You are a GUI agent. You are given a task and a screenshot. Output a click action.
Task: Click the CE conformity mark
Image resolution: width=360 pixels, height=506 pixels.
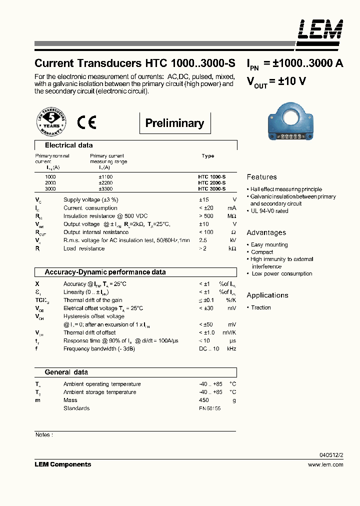click(x=86, y=122)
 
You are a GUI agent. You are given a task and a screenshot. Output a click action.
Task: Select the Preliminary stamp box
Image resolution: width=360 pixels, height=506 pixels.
click(x=174, y=123)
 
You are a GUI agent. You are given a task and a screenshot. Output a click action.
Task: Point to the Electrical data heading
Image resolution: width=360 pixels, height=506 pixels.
click(x=68, y=145)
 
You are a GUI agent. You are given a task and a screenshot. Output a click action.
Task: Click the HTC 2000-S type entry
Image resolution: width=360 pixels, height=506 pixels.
click(x=212, y=183)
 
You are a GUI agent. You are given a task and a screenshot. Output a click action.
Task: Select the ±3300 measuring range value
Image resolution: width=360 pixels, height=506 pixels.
click(x=105, y=189)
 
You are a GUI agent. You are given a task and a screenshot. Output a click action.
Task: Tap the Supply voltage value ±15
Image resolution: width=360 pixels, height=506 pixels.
click(x=204, y=200)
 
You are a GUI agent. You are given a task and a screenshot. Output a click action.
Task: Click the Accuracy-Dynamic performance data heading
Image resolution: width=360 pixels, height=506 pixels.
click(x=105, y=272)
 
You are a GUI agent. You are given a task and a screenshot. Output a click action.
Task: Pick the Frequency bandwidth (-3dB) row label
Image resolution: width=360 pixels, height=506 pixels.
click(x=99, y=348)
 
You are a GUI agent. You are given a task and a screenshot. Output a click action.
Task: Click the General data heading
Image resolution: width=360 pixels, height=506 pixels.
click(x=66, y=372)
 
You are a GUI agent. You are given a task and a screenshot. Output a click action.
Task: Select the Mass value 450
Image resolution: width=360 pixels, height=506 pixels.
click(x=204, y=400)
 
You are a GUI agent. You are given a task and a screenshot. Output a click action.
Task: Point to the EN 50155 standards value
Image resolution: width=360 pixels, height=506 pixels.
click(x=209, y=408)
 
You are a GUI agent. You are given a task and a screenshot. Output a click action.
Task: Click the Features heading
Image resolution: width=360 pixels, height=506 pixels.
click(x=261, y=177)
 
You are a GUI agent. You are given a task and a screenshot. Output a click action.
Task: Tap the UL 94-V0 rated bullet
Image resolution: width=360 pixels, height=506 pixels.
click(x=269, y=211)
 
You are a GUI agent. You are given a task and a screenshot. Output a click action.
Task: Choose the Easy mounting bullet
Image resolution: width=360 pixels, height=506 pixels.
click(x=269, y=245)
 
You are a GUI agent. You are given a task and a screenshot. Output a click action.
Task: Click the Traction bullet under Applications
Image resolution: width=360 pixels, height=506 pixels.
click(x=260, y=308)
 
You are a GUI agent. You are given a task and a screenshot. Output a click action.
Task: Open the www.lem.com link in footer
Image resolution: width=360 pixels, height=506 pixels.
click(x=325, y=464)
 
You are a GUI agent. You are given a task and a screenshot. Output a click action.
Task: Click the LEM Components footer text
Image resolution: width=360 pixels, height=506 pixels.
click(x=63, y=464)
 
